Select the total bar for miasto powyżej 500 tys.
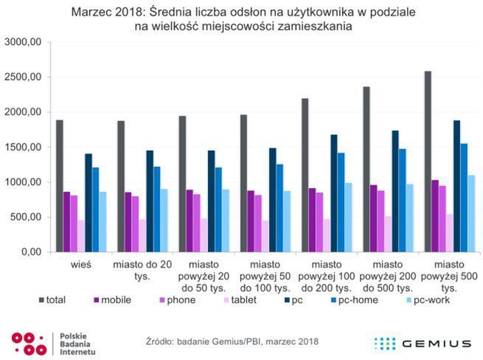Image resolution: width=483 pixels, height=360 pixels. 428,162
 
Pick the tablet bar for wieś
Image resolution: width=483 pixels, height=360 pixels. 82,236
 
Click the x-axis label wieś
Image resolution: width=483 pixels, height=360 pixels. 81,263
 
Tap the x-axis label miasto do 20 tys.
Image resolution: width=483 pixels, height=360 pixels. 143,269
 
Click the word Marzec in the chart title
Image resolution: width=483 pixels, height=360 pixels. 92,13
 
